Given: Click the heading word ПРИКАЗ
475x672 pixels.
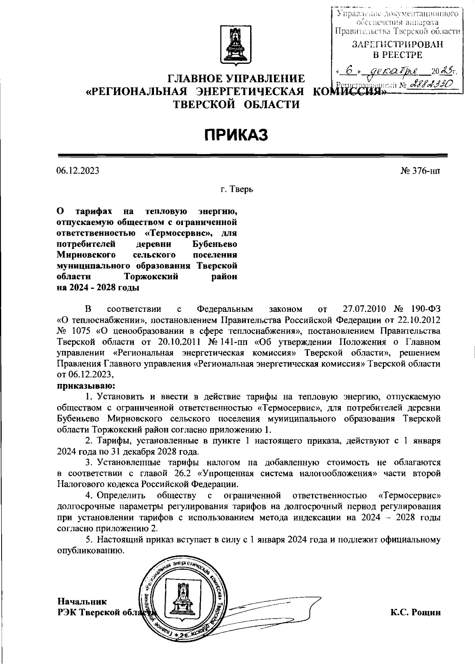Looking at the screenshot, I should point(236,135).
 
